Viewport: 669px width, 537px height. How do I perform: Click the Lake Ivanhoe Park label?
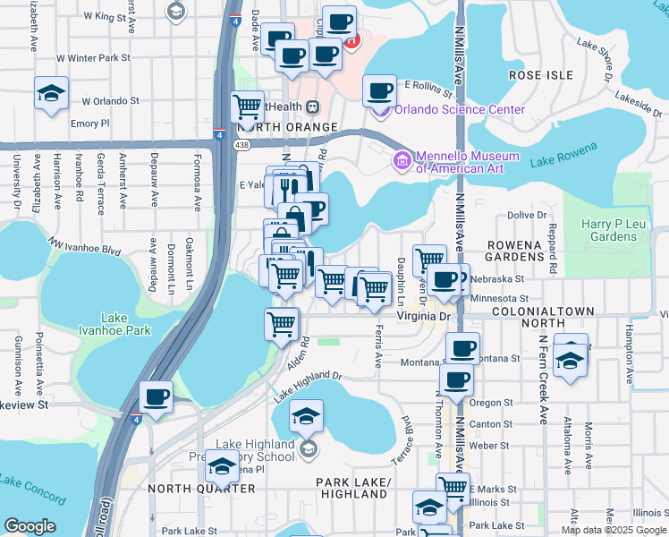(x=126, y=324)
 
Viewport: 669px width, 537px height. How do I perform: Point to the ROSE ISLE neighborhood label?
(x=540, y=76)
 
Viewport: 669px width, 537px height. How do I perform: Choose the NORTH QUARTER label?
(x=201, y=489)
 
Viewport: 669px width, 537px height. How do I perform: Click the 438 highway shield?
(x=242, y=144)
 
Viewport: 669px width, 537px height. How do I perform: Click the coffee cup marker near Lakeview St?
(x=157, y=396)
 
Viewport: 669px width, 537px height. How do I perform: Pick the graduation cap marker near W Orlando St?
(x=52, y=92)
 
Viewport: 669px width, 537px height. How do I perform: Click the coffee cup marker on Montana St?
(x=462, y=349)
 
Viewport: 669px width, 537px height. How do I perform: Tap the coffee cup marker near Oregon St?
(x=457, y=379)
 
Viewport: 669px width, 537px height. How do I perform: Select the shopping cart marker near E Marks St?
(x=453, y=489)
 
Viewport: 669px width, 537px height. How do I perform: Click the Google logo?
(x=30, y=526)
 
